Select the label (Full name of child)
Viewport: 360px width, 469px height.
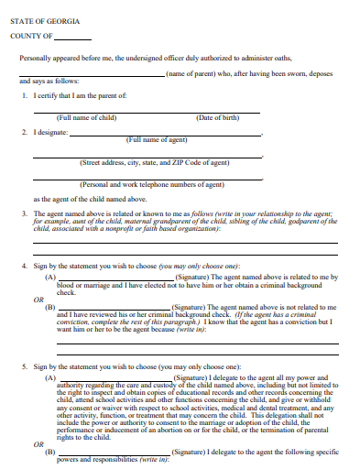pos(86,117)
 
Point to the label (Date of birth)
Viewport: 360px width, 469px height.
pos(217,117)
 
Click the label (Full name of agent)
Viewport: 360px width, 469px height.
pos(158,139)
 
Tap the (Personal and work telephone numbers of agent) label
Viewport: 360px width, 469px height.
pos(152,184)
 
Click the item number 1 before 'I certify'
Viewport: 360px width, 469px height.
pos(25,95)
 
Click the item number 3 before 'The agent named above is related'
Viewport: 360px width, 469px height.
pos(25,213)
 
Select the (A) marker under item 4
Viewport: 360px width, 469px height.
pos(50,276)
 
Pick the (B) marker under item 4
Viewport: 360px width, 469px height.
pos(50,307)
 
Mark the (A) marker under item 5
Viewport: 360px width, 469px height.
pos(50,376)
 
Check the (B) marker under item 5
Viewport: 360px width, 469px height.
pos(50,452)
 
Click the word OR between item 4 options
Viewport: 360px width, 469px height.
pos(38,299)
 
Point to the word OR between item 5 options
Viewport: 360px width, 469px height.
pos(38,444)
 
